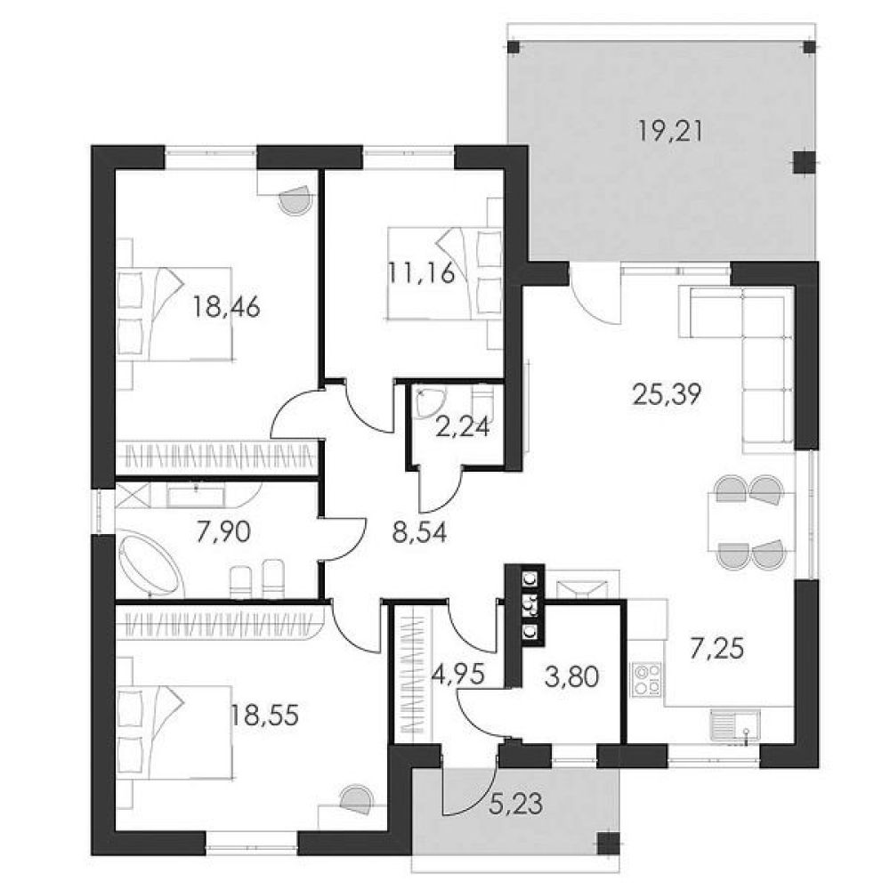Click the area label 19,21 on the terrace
670,131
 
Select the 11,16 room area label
422,273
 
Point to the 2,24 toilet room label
462,427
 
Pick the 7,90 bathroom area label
223,532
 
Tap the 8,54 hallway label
419,532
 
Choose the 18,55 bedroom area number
264,716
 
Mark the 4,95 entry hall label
458,676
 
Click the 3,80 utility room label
571,676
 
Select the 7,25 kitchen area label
716,649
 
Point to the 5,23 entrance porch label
514,805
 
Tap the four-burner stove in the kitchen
648,679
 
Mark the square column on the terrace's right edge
803,163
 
